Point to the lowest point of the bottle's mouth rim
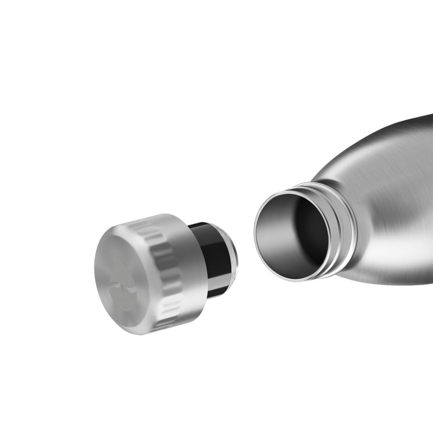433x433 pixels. [x=295, y=281]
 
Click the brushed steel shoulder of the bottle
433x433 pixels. [x=379, y=173]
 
